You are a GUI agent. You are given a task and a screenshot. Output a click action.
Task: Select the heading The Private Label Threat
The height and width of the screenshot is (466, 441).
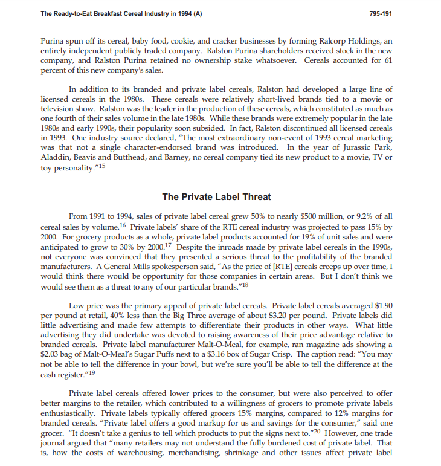tap(217, 196)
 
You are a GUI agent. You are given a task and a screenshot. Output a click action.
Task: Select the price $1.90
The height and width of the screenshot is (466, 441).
tap(382, 305)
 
